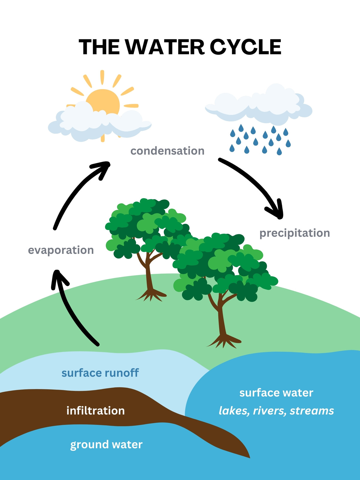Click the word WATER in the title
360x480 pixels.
165,47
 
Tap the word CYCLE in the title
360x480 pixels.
245,47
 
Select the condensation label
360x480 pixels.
167,151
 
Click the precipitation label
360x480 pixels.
295,233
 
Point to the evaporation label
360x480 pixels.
61,250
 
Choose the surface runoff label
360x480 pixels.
100,373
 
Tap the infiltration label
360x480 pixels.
95,411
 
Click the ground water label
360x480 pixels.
106,445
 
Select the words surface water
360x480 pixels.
276,393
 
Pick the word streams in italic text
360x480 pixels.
312,411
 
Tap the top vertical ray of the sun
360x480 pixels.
102,77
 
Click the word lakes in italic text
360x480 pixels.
234,411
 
